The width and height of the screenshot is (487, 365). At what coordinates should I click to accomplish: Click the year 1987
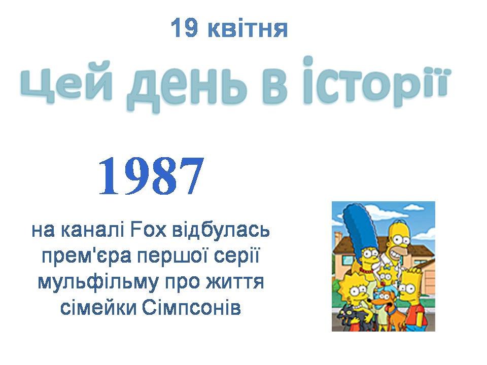[x=151, y=176]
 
